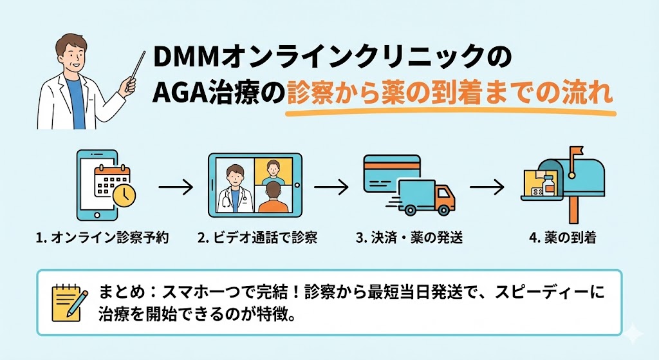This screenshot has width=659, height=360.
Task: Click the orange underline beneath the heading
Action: [x=450, y=114]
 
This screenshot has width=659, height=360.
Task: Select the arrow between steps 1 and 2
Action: [x=175, y=188]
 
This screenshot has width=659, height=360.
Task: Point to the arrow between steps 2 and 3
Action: [x=331, y=188]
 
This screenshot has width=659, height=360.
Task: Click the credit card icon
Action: [x=389, y=174]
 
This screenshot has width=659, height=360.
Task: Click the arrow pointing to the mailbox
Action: [x=487, y=188]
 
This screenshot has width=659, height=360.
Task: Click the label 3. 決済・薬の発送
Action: [x=409, y=238]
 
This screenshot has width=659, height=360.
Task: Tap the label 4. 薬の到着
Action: [x=562, y=238]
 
